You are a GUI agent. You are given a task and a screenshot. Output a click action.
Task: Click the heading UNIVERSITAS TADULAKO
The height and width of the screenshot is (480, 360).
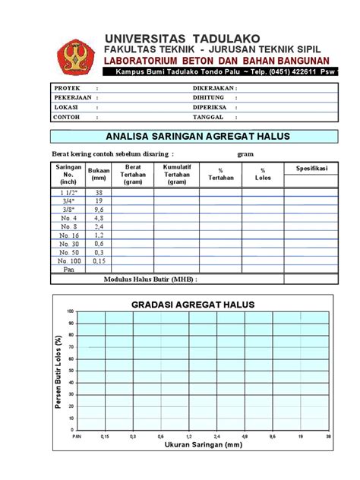(182, 38)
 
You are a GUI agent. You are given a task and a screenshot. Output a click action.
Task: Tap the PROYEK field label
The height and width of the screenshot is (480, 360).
(66, 88)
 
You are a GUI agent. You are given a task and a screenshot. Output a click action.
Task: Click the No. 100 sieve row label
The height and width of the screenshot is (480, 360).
(69, 261)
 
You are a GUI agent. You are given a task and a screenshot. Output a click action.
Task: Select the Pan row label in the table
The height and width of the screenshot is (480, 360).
(69, 269)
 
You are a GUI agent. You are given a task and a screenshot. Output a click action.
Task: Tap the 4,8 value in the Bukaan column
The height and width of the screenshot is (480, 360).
(99, 218)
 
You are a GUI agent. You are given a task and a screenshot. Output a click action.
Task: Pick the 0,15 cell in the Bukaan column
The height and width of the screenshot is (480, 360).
(99, 261)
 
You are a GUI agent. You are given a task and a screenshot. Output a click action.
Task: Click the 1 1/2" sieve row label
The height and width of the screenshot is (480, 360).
(69, 193)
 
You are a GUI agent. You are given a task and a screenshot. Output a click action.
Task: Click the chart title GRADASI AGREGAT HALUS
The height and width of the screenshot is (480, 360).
(193, 305)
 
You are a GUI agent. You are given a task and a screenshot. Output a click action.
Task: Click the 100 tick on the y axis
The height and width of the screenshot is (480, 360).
(71, 311)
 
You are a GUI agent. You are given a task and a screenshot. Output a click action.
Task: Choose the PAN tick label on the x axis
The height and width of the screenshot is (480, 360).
(77, 437)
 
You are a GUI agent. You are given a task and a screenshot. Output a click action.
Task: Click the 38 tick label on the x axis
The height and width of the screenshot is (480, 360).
(328, 437)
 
